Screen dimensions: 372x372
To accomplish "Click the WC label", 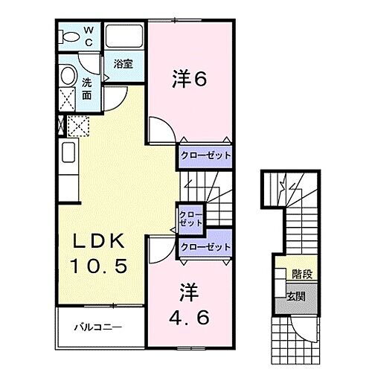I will pos(89,35).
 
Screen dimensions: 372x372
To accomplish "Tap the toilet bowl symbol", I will pos(70,36).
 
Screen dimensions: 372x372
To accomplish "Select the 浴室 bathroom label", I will pos(123,65).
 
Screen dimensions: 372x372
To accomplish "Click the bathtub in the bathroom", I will pos(124,37).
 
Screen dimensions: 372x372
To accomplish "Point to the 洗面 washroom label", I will pos(87,89).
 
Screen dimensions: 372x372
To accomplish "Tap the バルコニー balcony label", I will pos(97,327).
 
